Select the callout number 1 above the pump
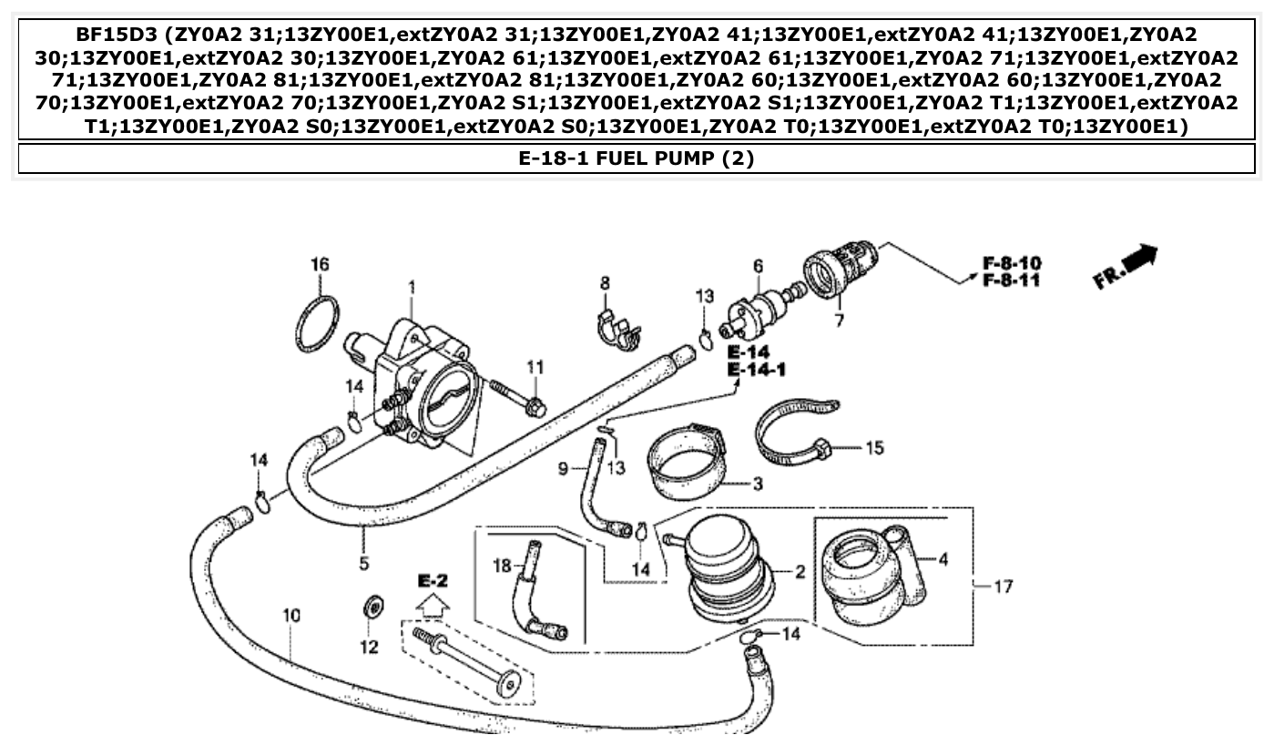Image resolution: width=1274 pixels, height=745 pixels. (x=411, y=288)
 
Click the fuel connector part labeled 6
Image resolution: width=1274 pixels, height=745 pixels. (x=757, y=309)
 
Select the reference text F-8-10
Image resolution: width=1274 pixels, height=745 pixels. (x=1010, y=263)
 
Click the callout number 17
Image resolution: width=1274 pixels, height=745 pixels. (x=1003, y=587)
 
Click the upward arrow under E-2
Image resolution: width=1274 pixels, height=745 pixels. (x=433, y=602)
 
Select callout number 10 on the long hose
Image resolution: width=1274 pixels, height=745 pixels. (x=290, y=617)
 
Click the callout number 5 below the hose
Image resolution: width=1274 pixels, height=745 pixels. (x=363, y=564)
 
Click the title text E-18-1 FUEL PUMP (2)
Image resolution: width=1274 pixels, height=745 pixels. (x=637, y=158)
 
